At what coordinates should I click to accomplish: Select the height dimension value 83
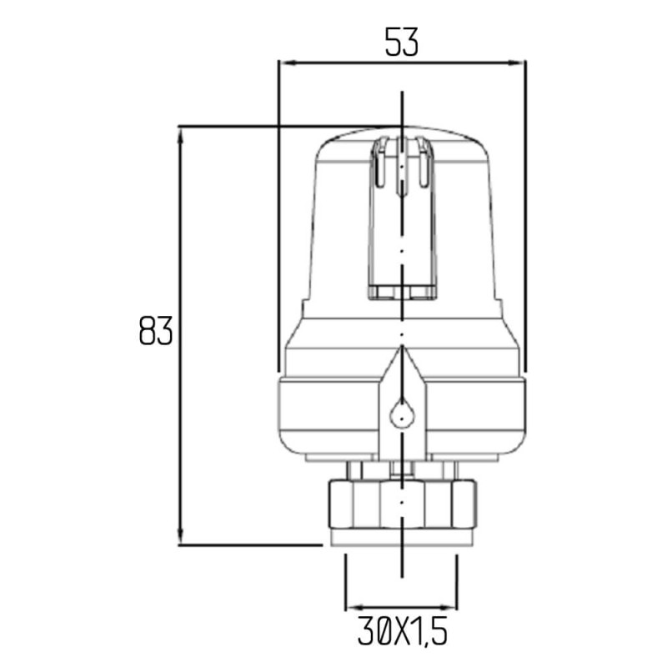click(156, 331)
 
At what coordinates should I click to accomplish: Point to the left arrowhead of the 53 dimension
click(283, 62)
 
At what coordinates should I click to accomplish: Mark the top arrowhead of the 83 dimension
click(179, 133)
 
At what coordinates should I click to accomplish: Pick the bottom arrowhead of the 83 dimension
click(179, 539)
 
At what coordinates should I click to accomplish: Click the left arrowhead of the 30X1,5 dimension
click(351, 606)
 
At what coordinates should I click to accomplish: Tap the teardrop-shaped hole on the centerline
click(402, 413)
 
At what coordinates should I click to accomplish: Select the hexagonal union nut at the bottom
click(402, 504)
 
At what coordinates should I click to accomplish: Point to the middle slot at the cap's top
click(402, 167)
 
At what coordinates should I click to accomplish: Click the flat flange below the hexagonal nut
click(402, 538)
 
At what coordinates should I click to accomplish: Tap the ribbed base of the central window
click(402, 291)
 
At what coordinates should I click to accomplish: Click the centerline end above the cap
click(402, 93)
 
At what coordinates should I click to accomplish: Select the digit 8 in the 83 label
click(148, 331)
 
